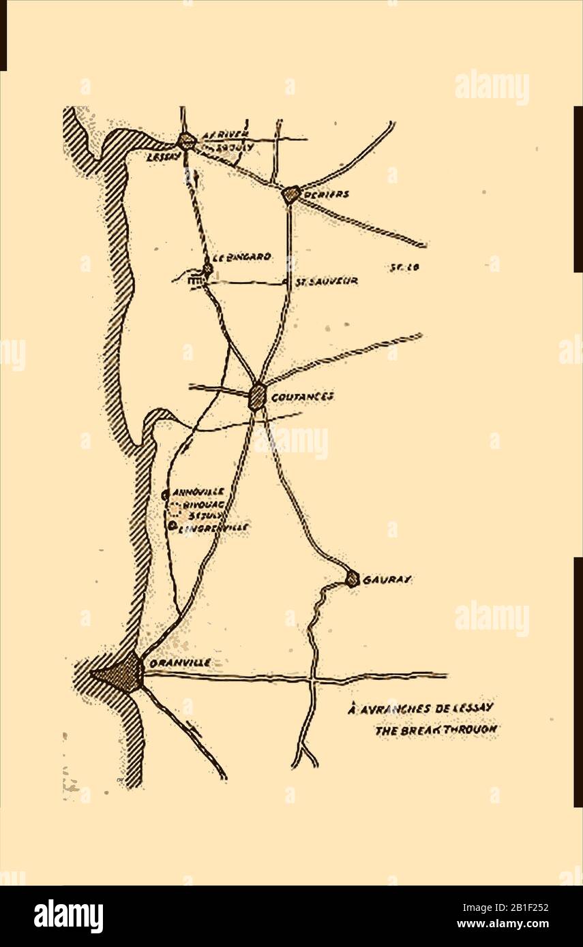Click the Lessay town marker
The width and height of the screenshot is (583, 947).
185,142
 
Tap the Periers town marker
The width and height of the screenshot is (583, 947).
291,195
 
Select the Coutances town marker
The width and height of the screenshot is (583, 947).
257,396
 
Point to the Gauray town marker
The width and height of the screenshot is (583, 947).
352,579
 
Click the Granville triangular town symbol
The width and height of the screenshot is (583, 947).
123,674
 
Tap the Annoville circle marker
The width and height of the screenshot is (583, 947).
165,494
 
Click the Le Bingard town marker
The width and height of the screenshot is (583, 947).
207,270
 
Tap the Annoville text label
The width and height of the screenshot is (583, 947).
199,492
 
